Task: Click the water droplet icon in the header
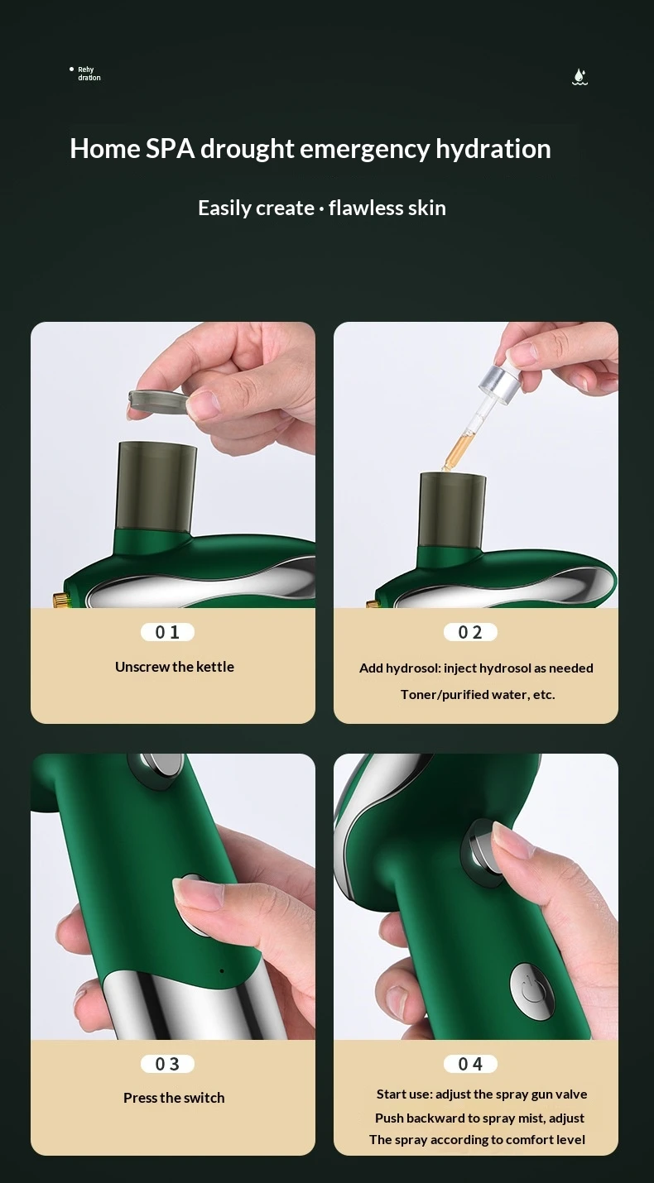(x=580, y=77)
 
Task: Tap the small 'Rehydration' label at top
(x=89, y=74)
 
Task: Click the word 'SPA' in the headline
(x=171, y=149)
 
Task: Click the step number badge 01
(x=167, y=632)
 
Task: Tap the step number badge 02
(x=470, y=632)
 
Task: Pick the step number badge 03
(x=167, y=1064)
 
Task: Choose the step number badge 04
(x=470, y=1064)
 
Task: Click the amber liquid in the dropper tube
(x=455, y=448)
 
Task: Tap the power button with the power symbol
(x=531, y=989)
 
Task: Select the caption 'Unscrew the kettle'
(x=175, y=667)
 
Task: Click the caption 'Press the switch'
(x=174, y=1098)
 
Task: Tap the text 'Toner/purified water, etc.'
(x=478, y=694)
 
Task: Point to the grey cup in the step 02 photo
(x=452, y=510)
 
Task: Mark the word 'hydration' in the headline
(x=493, y=149)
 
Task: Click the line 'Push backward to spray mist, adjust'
(x=479, y=1118)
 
